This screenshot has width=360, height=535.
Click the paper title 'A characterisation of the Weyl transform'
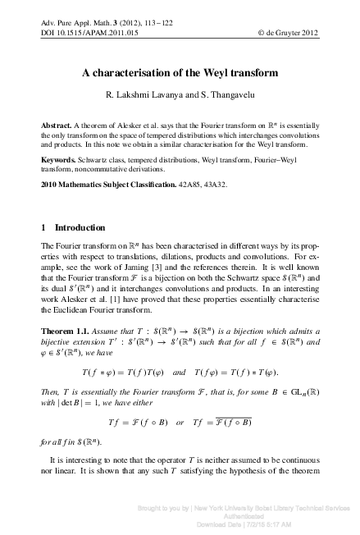[180, 73]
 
